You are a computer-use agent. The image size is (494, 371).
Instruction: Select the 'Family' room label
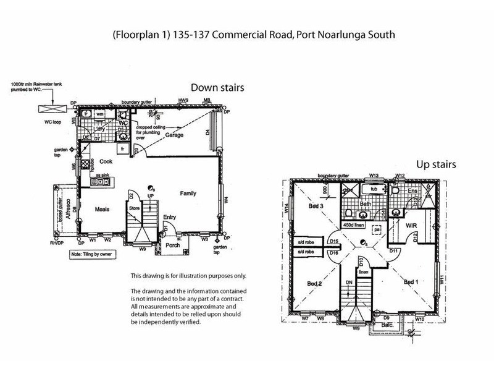pos(188,194)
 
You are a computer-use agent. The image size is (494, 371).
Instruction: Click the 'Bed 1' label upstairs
pos(412,282)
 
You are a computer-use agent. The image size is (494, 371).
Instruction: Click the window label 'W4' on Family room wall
pos(226,199)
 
